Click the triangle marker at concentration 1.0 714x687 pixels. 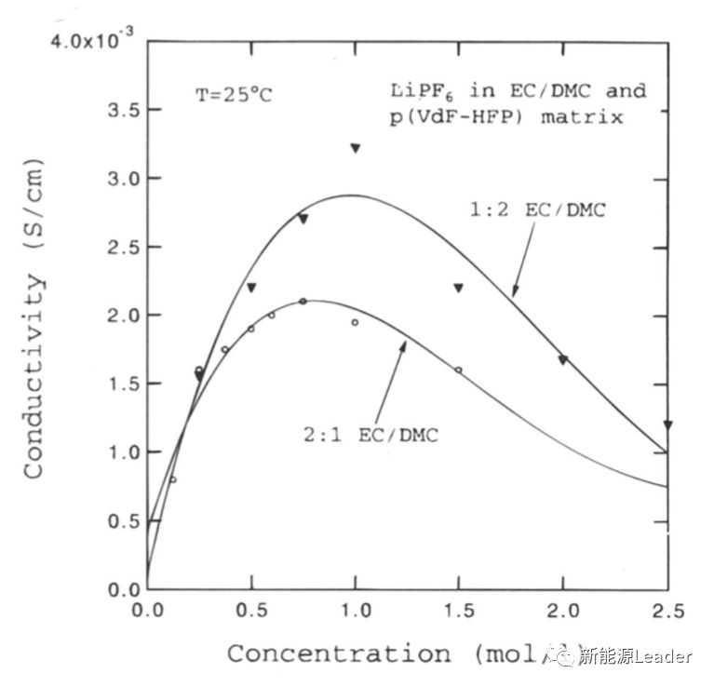pyautogui.click(x=355, y=148)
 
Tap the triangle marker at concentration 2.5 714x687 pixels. pyautogui.click(x=667, y=424)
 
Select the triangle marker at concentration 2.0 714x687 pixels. pyautogui.click(x=562, y=359)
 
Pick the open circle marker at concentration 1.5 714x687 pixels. pyautogui.click(x=458, y=370)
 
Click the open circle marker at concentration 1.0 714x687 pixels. pyautogui.click(x=355, y=322)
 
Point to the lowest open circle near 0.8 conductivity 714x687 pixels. pyautogui.click(x=172, y=479)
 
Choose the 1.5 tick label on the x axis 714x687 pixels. pyautogui.click(x=458, y=611)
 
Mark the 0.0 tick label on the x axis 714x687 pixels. pyautogui.click(x=147, y=611)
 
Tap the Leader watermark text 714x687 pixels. pyautogui.click(x=665, y=656)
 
